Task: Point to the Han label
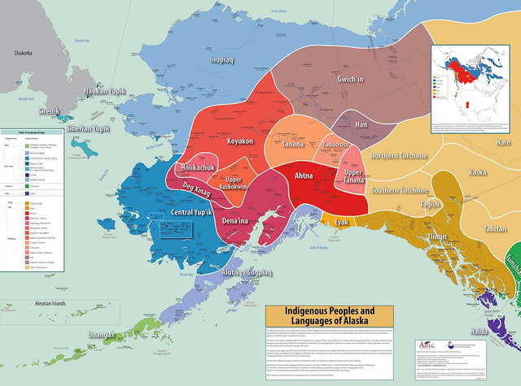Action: (361, 125)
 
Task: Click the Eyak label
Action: (339, 220)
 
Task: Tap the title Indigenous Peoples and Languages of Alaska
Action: (330, 316)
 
